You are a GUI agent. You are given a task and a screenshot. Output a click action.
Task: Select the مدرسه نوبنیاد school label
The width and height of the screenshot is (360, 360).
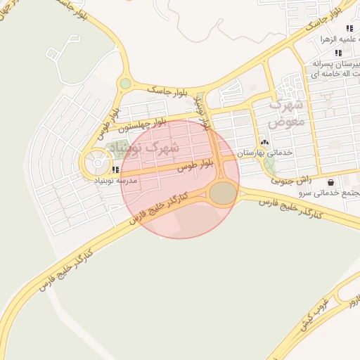[x=114, y=181]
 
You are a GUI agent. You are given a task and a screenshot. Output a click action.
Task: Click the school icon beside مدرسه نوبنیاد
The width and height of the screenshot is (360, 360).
[x=115, y=169]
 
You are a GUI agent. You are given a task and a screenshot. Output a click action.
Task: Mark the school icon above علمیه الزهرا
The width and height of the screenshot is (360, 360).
[x=349, y=29]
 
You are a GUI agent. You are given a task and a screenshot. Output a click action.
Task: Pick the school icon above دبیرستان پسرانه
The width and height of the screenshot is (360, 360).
[x=338, y=53]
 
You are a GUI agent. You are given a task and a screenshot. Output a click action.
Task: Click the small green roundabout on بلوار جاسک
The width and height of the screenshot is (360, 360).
[x=125, y=84]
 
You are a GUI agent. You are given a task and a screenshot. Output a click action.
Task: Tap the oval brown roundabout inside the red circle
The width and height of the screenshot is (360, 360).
[x=224, y=193]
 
